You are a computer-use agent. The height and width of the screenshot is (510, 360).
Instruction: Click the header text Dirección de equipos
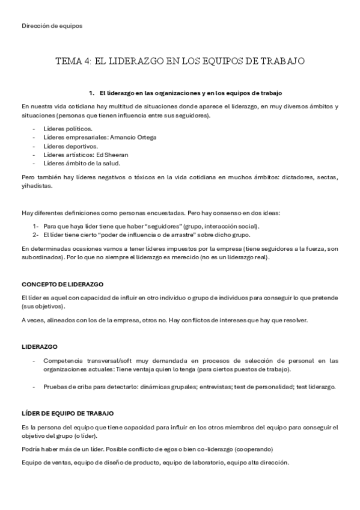point(52,26)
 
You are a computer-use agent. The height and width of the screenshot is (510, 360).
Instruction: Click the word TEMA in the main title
point(69,61)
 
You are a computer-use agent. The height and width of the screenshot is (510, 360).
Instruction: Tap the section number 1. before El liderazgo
point(92,93)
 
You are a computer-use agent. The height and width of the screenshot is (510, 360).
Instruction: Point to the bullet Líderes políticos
point(68,129)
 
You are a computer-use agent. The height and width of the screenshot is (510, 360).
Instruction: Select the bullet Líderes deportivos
point(70,146)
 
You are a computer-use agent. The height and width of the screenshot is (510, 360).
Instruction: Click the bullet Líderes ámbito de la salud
point(82,164)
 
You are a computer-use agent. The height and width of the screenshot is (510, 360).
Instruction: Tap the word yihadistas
point(37,186)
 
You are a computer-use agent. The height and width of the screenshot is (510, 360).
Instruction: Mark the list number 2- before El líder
point(36,235)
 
